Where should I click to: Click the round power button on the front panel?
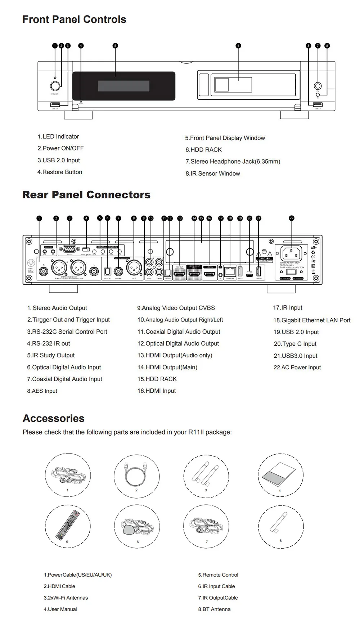(55, 86)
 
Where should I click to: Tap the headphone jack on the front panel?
(318, 86)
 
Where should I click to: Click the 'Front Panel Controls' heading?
(74, 19)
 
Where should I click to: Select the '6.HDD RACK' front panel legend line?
(203, 150)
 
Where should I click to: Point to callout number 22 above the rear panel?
(291, 218)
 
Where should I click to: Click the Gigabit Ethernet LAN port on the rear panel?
(229, 271)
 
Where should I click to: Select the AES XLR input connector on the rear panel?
(134, 268)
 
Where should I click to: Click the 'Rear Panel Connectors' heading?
(86, 195)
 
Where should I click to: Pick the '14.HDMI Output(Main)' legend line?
(167, 367)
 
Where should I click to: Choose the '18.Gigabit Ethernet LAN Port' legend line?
(312, 320)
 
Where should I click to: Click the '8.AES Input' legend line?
(42, 391)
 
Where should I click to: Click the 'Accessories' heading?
(54, 418)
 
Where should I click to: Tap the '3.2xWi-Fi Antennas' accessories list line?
(66, 598)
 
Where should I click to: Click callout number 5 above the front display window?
(115, 46)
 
